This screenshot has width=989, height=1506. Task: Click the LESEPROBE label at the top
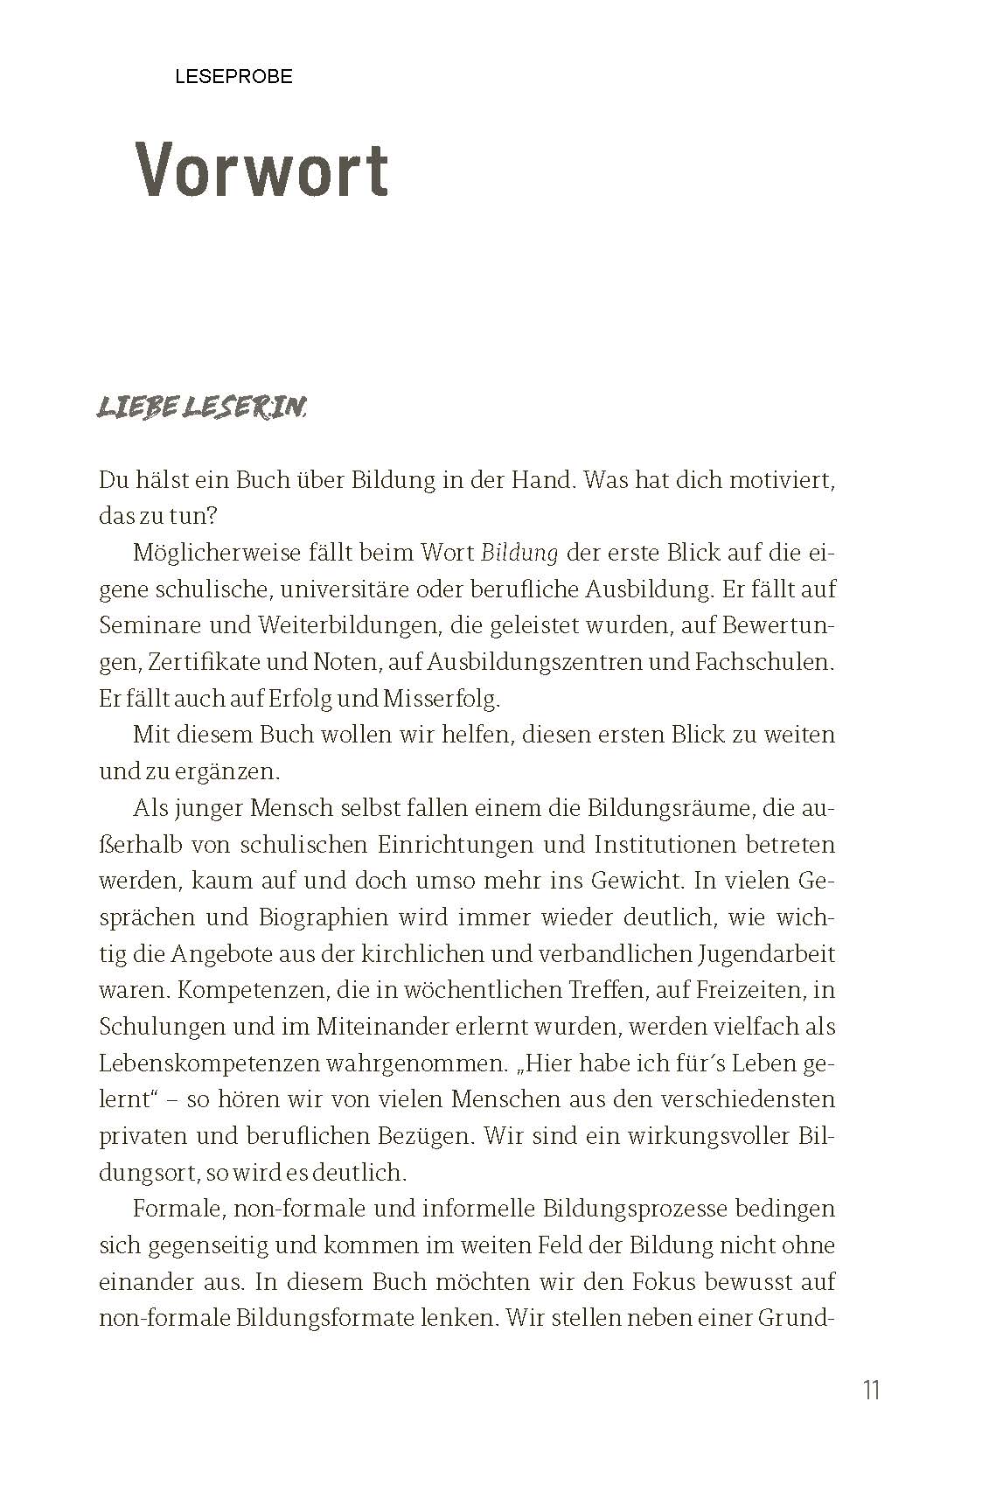click(233, 77)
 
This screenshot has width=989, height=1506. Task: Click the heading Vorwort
click(262, 170)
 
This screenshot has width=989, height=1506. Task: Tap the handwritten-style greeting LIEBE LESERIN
click(202, 408)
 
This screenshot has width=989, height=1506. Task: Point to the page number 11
click(871, 1390)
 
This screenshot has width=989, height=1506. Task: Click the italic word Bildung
click(519, 554)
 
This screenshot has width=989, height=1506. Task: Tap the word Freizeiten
click(754, 991)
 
